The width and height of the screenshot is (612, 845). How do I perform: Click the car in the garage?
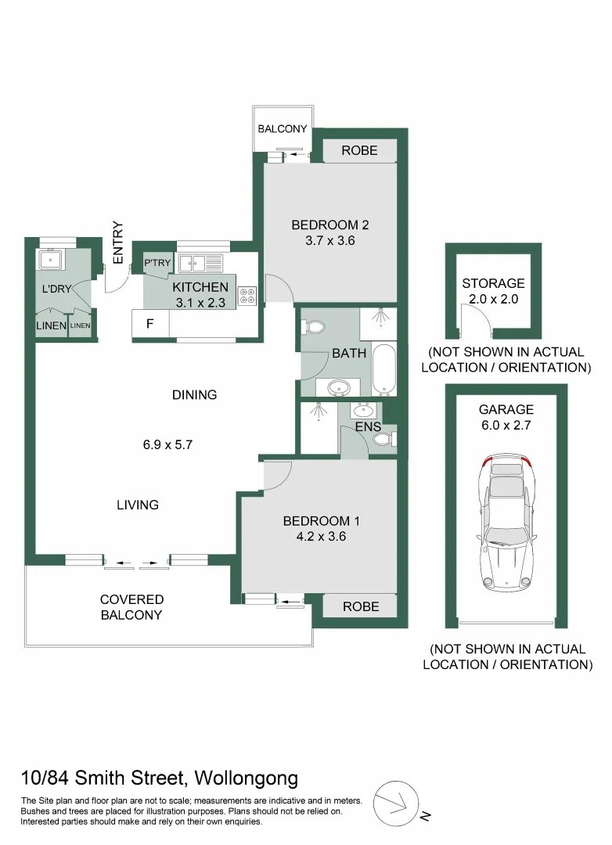coord(505,523)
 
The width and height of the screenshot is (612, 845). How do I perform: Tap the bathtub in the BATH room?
coord(384,369)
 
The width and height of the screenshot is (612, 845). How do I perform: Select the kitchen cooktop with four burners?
coord(248,296)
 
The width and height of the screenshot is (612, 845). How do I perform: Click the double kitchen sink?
coord(200,262)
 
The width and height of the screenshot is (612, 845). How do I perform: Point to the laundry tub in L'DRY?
coord(51,259)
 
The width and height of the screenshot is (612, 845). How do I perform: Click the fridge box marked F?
coord(149,322)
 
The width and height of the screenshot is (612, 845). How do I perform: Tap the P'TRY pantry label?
coord(157,263)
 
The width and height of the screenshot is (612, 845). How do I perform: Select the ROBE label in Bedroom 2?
coord(360,151)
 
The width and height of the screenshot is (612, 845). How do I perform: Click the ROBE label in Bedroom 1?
coord(360,606)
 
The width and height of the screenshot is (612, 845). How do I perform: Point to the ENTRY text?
coord(118,243)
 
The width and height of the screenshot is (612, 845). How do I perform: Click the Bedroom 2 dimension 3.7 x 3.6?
coord(329,241)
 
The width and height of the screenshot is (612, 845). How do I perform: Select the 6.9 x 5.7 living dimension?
coord(167,444)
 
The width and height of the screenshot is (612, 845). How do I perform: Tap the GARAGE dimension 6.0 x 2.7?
coord(507,425)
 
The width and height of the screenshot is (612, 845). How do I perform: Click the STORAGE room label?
coord(493,283)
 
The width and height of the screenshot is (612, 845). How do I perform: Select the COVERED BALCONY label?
coord(131,607)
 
